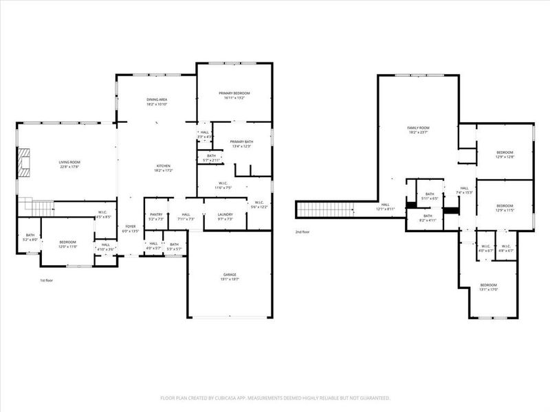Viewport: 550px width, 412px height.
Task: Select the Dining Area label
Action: tap(157, 102)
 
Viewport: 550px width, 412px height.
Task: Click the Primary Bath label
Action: tap(241, 143)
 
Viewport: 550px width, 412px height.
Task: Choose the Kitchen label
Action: tap(163, 167)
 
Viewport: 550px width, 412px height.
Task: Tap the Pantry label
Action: tap(156, 215)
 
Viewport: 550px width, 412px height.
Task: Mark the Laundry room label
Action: tap(225, 215)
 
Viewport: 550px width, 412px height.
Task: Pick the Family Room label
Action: tap(418, 128)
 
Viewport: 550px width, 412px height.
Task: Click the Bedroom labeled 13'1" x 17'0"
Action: tap(488, 286)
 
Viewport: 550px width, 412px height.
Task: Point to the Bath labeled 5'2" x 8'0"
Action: tap(30, 237)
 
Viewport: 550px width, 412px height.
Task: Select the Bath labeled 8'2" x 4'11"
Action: tap(428, 218)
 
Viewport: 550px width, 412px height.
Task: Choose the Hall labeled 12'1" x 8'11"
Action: tap(386, 206)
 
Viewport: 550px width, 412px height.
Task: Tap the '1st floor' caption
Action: tap(47, 280)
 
